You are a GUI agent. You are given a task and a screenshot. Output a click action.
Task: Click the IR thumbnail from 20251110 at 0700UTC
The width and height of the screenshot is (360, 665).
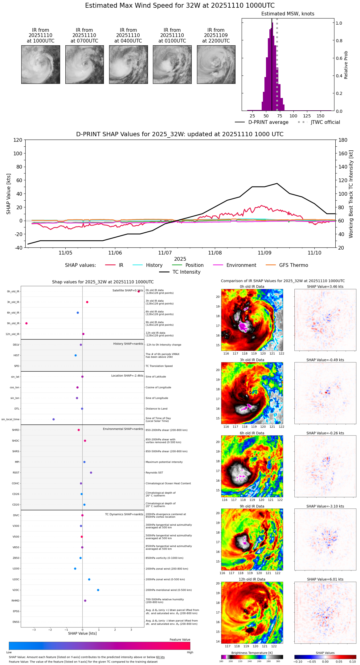(84, 64)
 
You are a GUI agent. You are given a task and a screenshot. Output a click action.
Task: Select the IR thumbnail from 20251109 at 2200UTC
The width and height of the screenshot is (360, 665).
(216, 64)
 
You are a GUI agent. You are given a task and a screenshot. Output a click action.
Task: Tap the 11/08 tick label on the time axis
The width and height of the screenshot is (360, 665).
(215, 253)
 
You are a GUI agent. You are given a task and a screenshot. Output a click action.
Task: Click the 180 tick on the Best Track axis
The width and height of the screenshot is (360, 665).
(343, 140)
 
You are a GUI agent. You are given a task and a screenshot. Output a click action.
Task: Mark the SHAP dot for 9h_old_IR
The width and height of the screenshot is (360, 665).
(27, 323)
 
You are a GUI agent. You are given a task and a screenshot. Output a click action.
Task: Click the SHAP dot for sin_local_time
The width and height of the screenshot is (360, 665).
(54, 419)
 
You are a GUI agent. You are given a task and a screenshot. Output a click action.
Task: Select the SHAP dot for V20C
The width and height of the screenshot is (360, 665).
(98, 590)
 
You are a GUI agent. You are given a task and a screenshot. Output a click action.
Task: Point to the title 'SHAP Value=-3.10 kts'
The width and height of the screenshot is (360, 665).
(325, 506)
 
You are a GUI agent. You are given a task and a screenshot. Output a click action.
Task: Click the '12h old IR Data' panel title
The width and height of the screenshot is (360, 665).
(252, 579)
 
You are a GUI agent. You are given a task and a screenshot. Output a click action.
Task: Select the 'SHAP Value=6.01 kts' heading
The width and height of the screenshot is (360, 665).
(325, 579)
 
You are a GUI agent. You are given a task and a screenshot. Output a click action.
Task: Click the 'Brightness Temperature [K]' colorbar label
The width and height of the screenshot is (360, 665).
(252, 653)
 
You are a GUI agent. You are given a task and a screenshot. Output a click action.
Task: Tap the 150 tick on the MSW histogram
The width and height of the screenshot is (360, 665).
(321, 116)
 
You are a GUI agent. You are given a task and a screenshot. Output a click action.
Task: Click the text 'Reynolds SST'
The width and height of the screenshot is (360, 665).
(154, 473)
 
